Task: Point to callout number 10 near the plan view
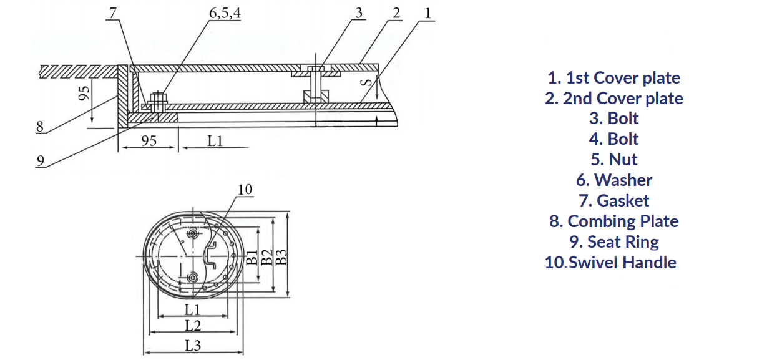coord(245,189)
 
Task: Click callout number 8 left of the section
coord(40,127)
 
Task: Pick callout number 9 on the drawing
coord(40,160)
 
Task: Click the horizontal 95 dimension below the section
coord(149,141)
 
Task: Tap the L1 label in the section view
coord(215,141)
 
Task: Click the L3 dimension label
coord(193,345)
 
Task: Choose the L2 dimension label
coord(193,325)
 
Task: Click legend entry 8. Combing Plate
coord(613,221)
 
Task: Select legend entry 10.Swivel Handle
coord(610,263)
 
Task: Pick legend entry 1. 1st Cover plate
coord(613,78)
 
